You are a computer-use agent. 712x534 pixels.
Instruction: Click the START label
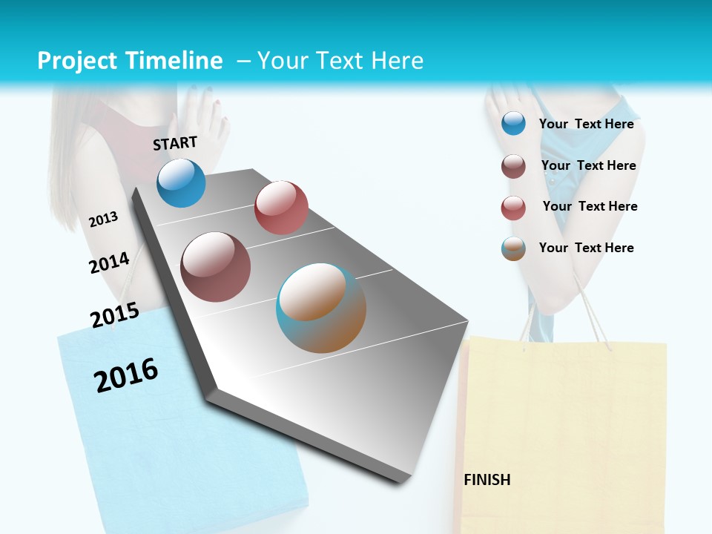tap(175, 142)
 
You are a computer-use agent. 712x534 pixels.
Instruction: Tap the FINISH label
tap(487, 480)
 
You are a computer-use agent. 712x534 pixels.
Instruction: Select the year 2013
tap(103, 219)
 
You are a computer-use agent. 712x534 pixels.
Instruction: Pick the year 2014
tap(109, 263)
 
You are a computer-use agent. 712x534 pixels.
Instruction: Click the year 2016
tap(126, 375)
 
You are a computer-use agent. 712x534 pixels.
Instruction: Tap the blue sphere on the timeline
tap(181, 182)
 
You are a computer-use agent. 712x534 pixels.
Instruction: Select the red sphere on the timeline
tap(281, 208)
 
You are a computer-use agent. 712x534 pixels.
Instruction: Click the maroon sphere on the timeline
tap(215, 267)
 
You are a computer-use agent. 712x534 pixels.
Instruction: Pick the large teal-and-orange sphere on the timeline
tap(321, 308)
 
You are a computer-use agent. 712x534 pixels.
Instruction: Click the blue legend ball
tap(513, 124)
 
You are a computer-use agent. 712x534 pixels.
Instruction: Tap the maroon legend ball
tap(513, 166)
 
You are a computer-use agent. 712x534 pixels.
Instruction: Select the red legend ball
tap(513, 208)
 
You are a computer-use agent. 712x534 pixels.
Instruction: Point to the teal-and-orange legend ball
tap(513, 248)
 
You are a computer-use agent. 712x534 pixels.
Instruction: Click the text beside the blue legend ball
tap(586, 124)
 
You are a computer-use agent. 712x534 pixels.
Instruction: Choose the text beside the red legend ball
tap(590, 206)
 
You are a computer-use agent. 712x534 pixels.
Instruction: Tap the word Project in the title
tap(78, 61)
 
